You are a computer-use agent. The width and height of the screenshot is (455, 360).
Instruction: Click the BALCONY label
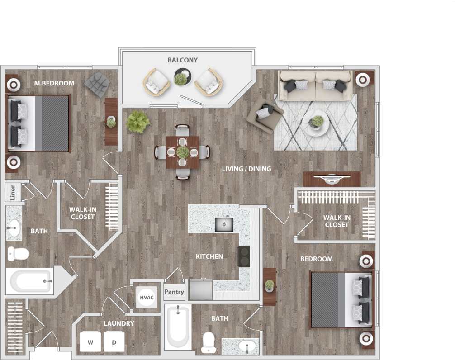[x=182, y=60]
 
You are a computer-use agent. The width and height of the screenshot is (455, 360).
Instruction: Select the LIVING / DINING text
[x=246, y=169]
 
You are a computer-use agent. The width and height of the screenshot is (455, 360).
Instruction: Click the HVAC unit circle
[x=146, y=297]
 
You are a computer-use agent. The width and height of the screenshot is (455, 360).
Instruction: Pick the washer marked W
[x=90, y=342]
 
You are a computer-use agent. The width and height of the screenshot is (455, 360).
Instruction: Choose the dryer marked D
[x=114, y=342]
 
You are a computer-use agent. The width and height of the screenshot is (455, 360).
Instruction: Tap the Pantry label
[x=174, y=292]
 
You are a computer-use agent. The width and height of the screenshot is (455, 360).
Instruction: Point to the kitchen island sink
[x=223, y=223]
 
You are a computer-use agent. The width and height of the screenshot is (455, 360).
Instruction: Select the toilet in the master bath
[x=18, y=254]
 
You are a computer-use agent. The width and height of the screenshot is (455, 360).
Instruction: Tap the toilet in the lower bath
[x=208, y=343]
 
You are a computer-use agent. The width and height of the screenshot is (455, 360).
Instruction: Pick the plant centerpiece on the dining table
[x=182, y=152]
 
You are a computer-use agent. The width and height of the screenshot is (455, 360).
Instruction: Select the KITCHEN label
[x=209, y=256]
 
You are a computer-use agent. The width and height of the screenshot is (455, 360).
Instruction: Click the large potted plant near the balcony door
[x=138, y=122]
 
